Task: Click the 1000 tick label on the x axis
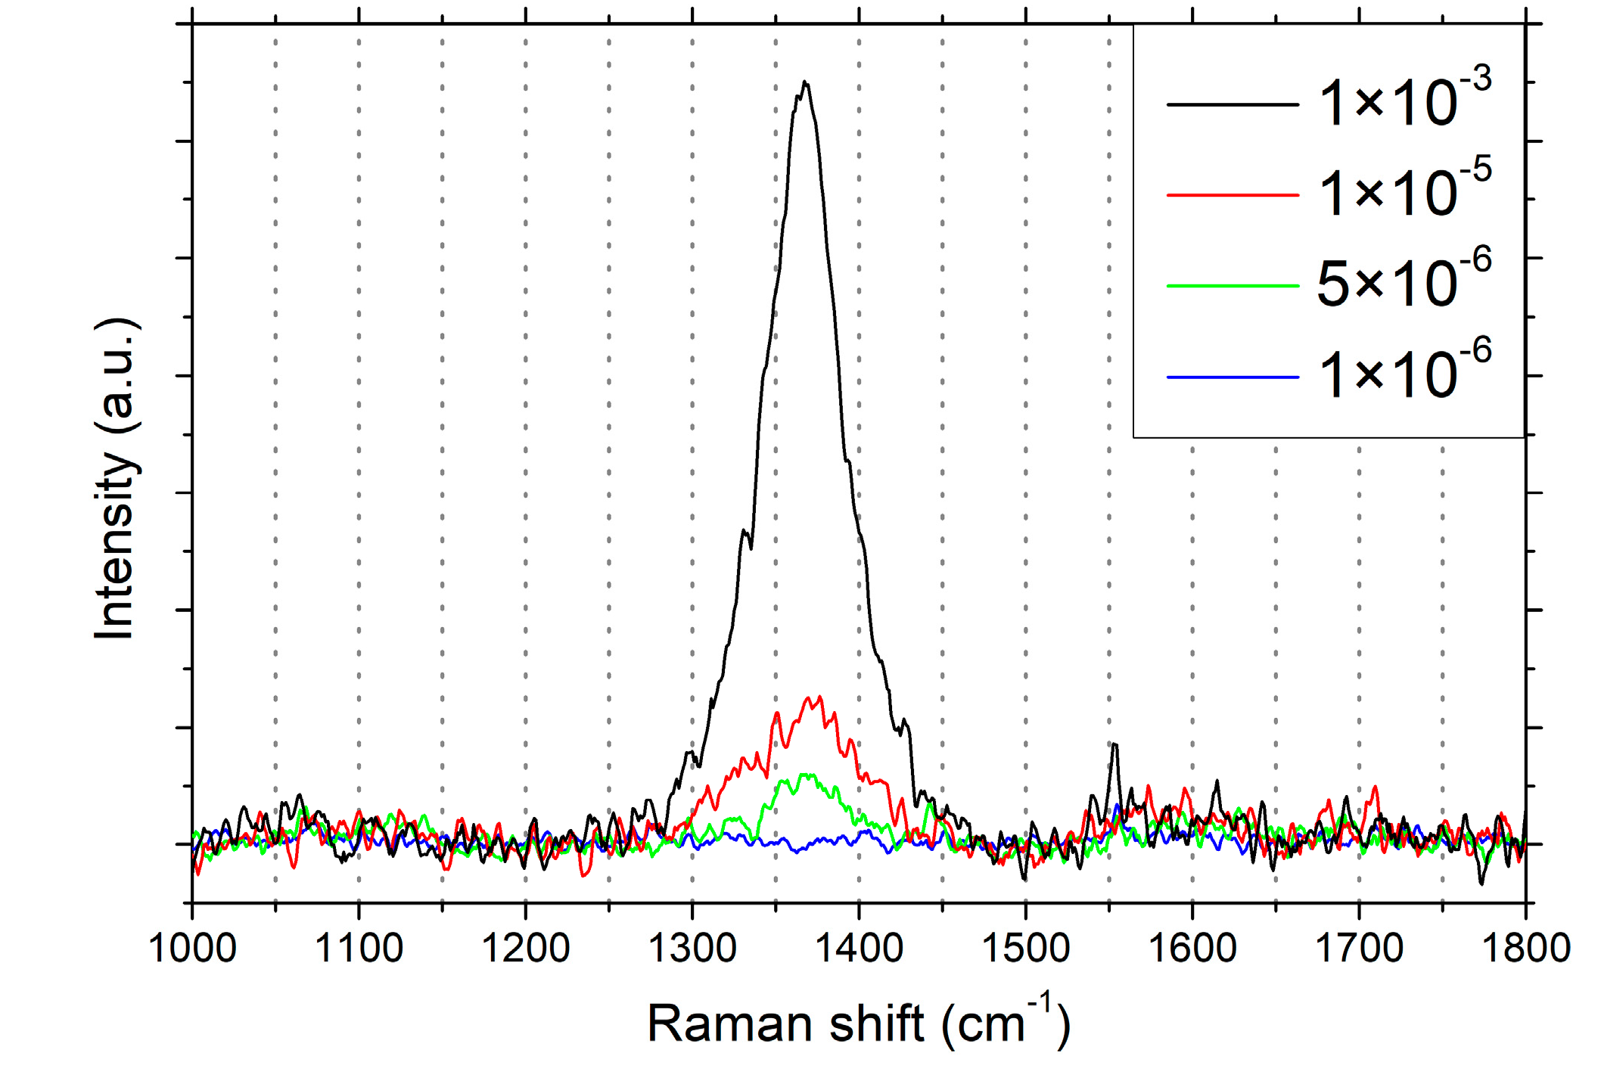click(192, 949)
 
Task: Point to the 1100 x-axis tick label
click(359, 949)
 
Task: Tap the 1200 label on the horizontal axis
click(525, 949)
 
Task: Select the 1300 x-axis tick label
click(692, 949)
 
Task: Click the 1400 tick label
click(859, 949)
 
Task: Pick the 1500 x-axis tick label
click(1025, 949)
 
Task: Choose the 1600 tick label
click(1192, 949)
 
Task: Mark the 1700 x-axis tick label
click(1359, 949)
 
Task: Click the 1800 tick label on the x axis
click(1525, 949)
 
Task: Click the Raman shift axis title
click(858, 1024)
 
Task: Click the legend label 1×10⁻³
click(1404, 100)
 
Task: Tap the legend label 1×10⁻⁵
click(1404, 191)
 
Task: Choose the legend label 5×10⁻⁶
click(1404, 281)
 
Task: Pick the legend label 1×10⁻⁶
click(1404, 372)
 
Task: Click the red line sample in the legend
click(1233, 195)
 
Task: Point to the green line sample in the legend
click(1233, 286)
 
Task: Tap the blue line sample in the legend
click(1233, 377)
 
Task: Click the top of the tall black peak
click(805, 82)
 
